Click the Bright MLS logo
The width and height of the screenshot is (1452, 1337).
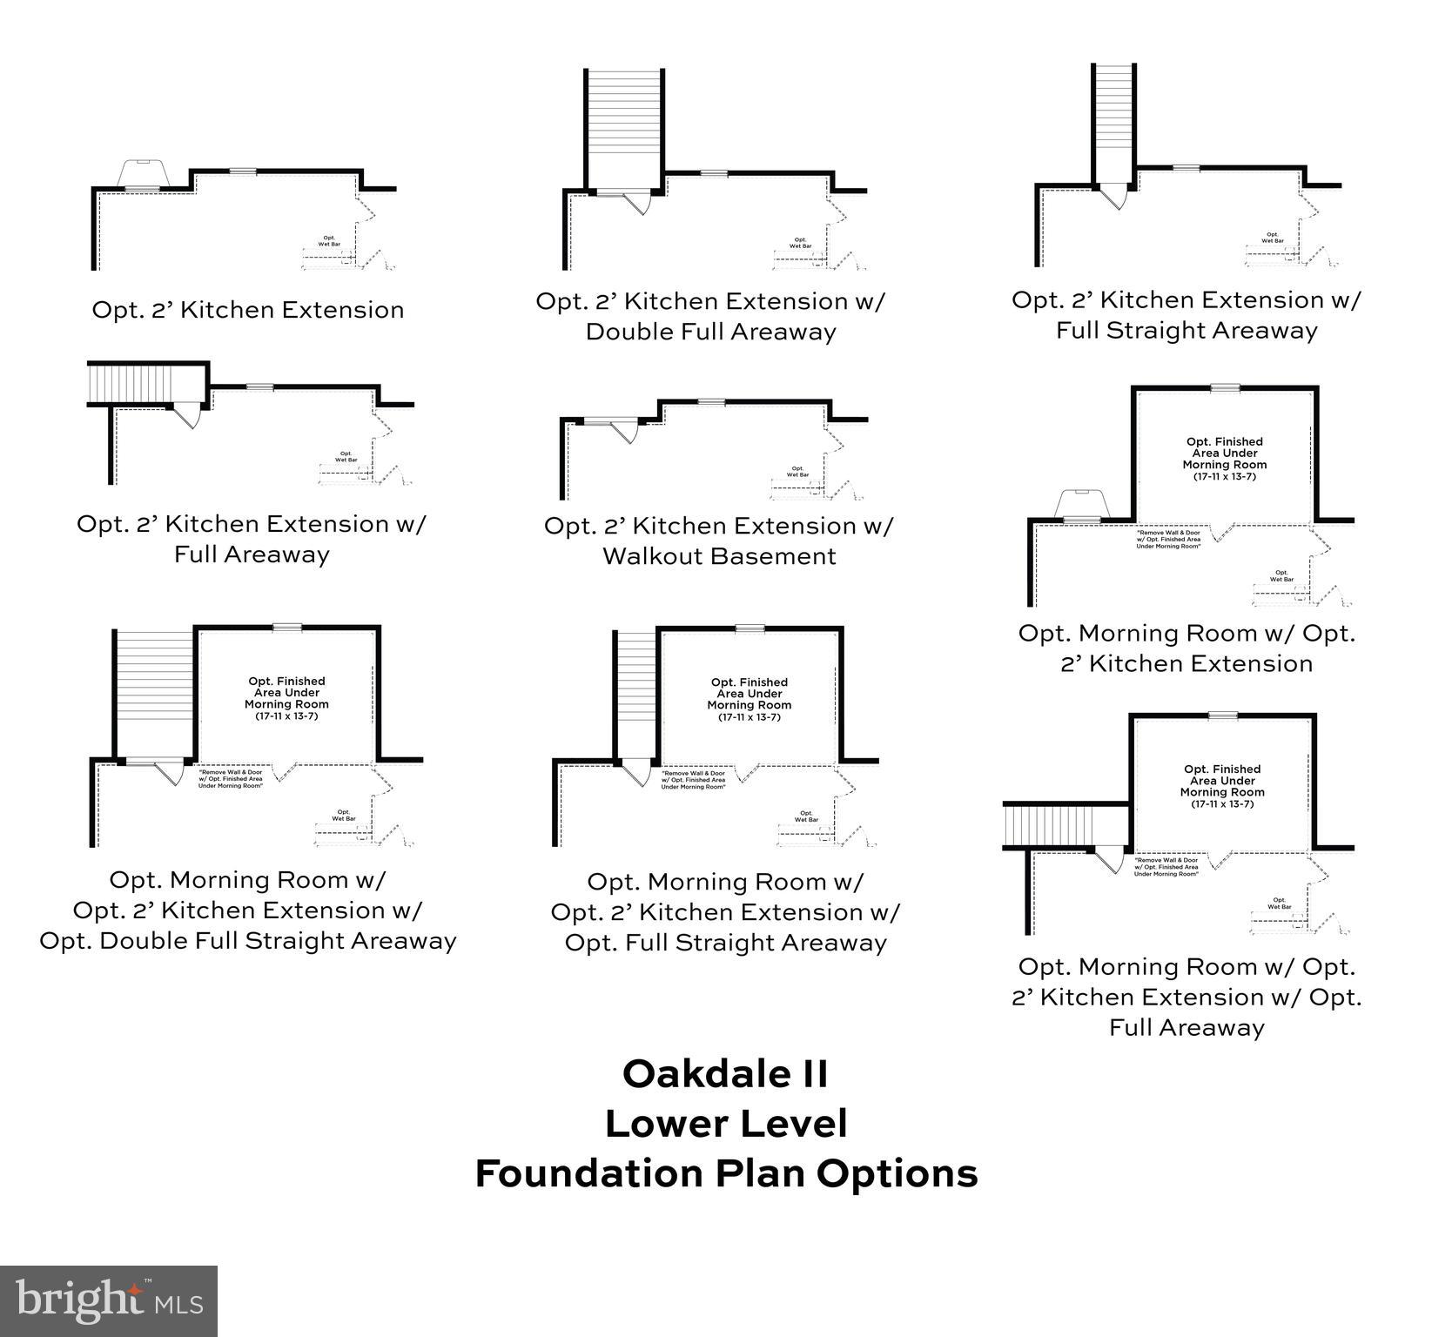[109, 1300]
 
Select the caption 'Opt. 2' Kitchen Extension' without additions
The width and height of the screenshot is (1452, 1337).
[248, 310]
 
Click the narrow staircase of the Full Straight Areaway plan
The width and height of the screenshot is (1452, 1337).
[1114, 122]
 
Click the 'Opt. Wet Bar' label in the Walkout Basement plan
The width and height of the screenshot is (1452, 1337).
[797, 471]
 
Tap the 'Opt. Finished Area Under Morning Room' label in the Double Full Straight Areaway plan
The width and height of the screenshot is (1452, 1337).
[286, 698]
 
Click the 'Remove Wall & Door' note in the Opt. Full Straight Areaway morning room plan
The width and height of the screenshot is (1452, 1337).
[693, 780]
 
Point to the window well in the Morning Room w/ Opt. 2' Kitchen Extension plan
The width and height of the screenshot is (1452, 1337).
[1081, 505]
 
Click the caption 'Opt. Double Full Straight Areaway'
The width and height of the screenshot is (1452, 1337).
[248, 941]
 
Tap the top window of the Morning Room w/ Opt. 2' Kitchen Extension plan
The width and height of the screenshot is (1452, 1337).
[1225, 387]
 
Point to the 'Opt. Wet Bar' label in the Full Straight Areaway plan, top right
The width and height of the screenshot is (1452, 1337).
[1272, 237]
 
